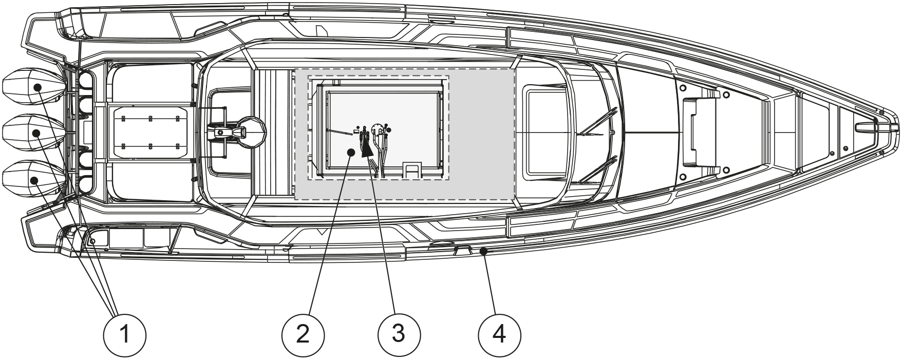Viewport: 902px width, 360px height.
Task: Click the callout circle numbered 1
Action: pyautogui.click(x=125, y=335)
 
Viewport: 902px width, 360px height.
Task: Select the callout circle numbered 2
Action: pyautogui.click(x=303, y=335)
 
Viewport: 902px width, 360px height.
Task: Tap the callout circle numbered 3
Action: pyautogui.click(x=399, y=335)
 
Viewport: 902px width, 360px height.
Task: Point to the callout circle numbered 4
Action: pyautogui.click(x=499, y=335)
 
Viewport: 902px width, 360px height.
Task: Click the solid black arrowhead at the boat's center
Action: pyautogui.click(x=368, y=148)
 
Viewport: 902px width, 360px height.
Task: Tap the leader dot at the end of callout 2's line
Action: pyautogui.click(x=350, y=151)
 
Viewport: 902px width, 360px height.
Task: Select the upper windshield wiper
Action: pyautogui.click(x=598, y=121)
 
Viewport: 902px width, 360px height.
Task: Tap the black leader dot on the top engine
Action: pyautogui.click(x=38, y=87)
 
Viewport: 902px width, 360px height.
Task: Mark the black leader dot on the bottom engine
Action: pyautogui.click(x=35, y=180)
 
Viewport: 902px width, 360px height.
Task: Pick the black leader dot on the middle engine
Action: pyautogui.click(x=37, y=134)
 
